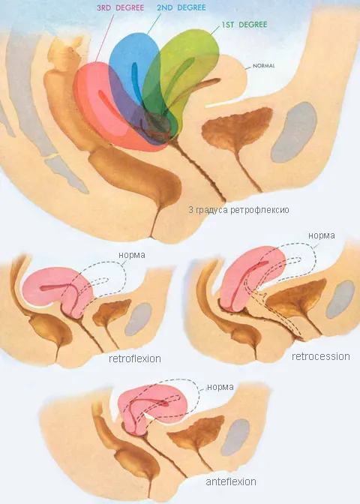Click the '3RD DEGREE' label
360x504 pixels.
(x=120, y=8)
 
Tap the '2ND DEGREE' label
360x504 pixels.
(x=181, y=7)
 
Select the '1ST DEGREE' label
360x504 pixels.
(x=244, y=25)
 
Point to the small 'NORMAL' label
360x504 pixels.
(x=264, y=66)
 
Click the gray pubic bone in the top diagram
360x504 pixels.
(x=294, y=132)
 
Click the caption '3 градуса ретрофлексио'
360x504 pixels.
(x=238, y=210)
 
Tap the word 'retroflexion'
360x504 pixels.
(x=135, y=358)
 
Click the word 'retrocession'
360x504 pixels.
(x=321, y=356)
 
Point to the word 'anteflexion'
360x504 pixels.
(x=231, y=481)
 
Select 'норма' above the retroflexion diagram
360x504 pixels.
(x=132, y=255)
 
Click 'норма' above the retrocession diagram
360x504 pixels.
(x=322, y=235)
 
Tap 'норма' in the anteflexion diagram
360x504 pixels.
(x=220, y=387)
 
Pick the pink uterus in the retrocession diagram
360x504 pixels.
(x=250, y=273)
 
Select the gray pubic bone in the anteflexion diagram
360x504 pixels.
(x=235, y=437)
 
